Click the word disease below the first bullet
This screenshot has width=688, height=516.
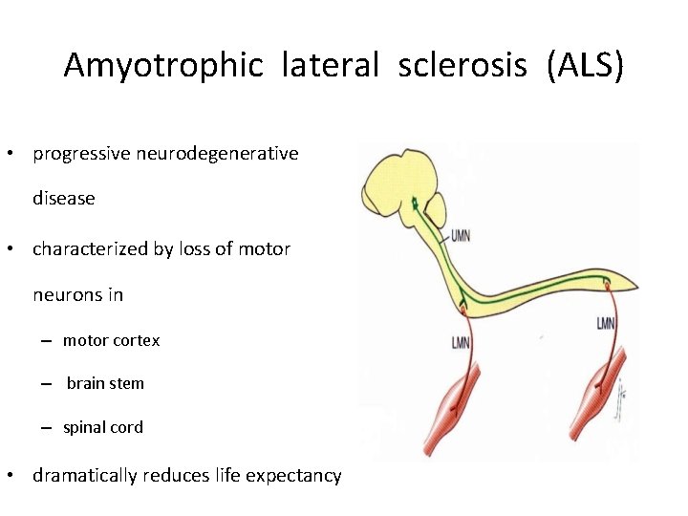coord(64,199)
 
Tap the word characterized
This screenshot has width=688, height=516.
coord(91,249)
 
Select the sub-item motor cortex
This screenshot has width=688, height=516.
coord(111,340)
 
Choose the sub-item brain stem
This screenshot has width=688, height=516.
coord(105,383)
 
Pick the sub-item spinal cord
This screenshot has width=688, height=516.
coord(103,427)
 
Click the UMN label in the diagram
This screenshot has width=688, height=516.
coord(461,235)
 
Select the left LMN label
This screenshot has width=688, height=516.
coord(461,342)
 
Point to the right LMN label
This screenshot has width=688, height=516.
coord(606,324)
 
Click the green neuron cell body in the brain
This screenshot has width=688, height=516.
coord(415,202)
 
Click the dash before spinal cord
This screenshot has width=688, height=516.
coord(46,428)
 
